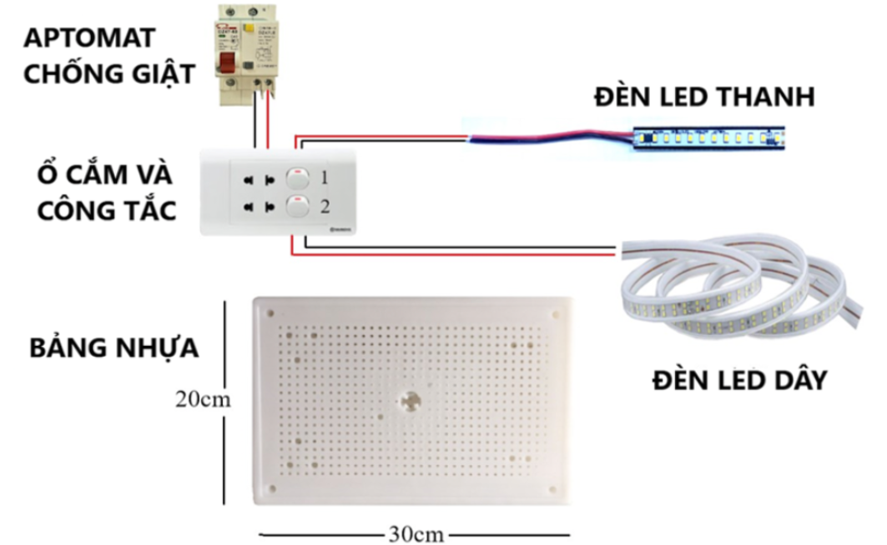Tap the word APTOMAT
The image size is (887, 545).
(x=89, y=37)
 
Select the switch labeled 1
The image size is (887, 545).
(x=298, y=177)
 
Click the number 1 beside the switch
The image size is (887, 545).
(x=325, y=177)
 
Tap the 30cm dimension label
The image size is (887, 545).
(x=415, y=533)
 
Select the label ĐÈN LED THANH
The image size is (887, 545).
(x=703, y=97)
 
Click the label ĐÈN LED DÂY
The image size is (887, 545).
(x=739, y=380)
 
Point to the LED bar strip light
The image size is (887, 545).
(x=710, y=138)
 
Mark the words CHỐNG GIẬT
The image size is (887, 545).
(x=108, y=73)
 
